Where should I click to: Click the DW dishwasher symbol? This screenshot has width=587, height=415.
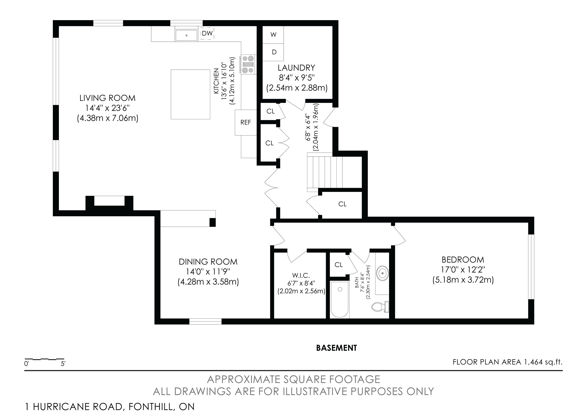coord(207,33)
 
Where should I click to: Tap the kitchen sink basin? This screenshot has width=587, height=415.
coord(186,35)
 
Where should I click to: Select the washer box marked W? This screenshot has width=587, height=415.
coord(273,35)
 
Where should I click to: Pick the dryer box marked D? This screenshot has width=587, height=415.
coord(273,52)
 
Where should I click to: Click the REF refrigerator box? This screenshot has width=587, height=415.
coord(246,122)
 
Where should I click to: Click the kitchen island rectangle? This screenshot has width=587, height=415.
coord(190,94)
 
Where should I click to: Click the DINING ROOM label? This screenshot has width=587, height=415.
coord(208,262)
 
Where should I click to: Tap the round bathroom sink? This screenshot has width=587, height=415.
coord(382,273)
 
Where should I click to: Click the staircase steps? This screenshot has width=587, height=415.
coord(325,173)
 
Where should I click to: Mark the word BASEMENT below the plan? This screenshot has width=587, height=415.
coord(336,348)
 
